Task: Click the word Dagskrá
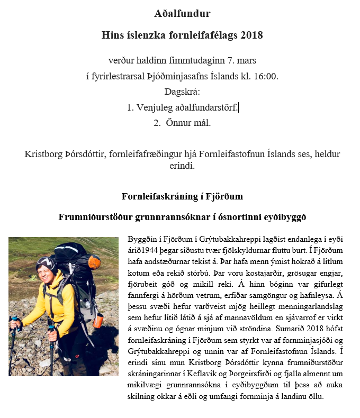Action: [x=182, y=92]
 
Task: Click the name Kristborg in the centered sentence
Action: [x=46, y=155]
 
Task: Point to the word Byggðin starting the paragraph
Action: [x=142, y=239]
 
